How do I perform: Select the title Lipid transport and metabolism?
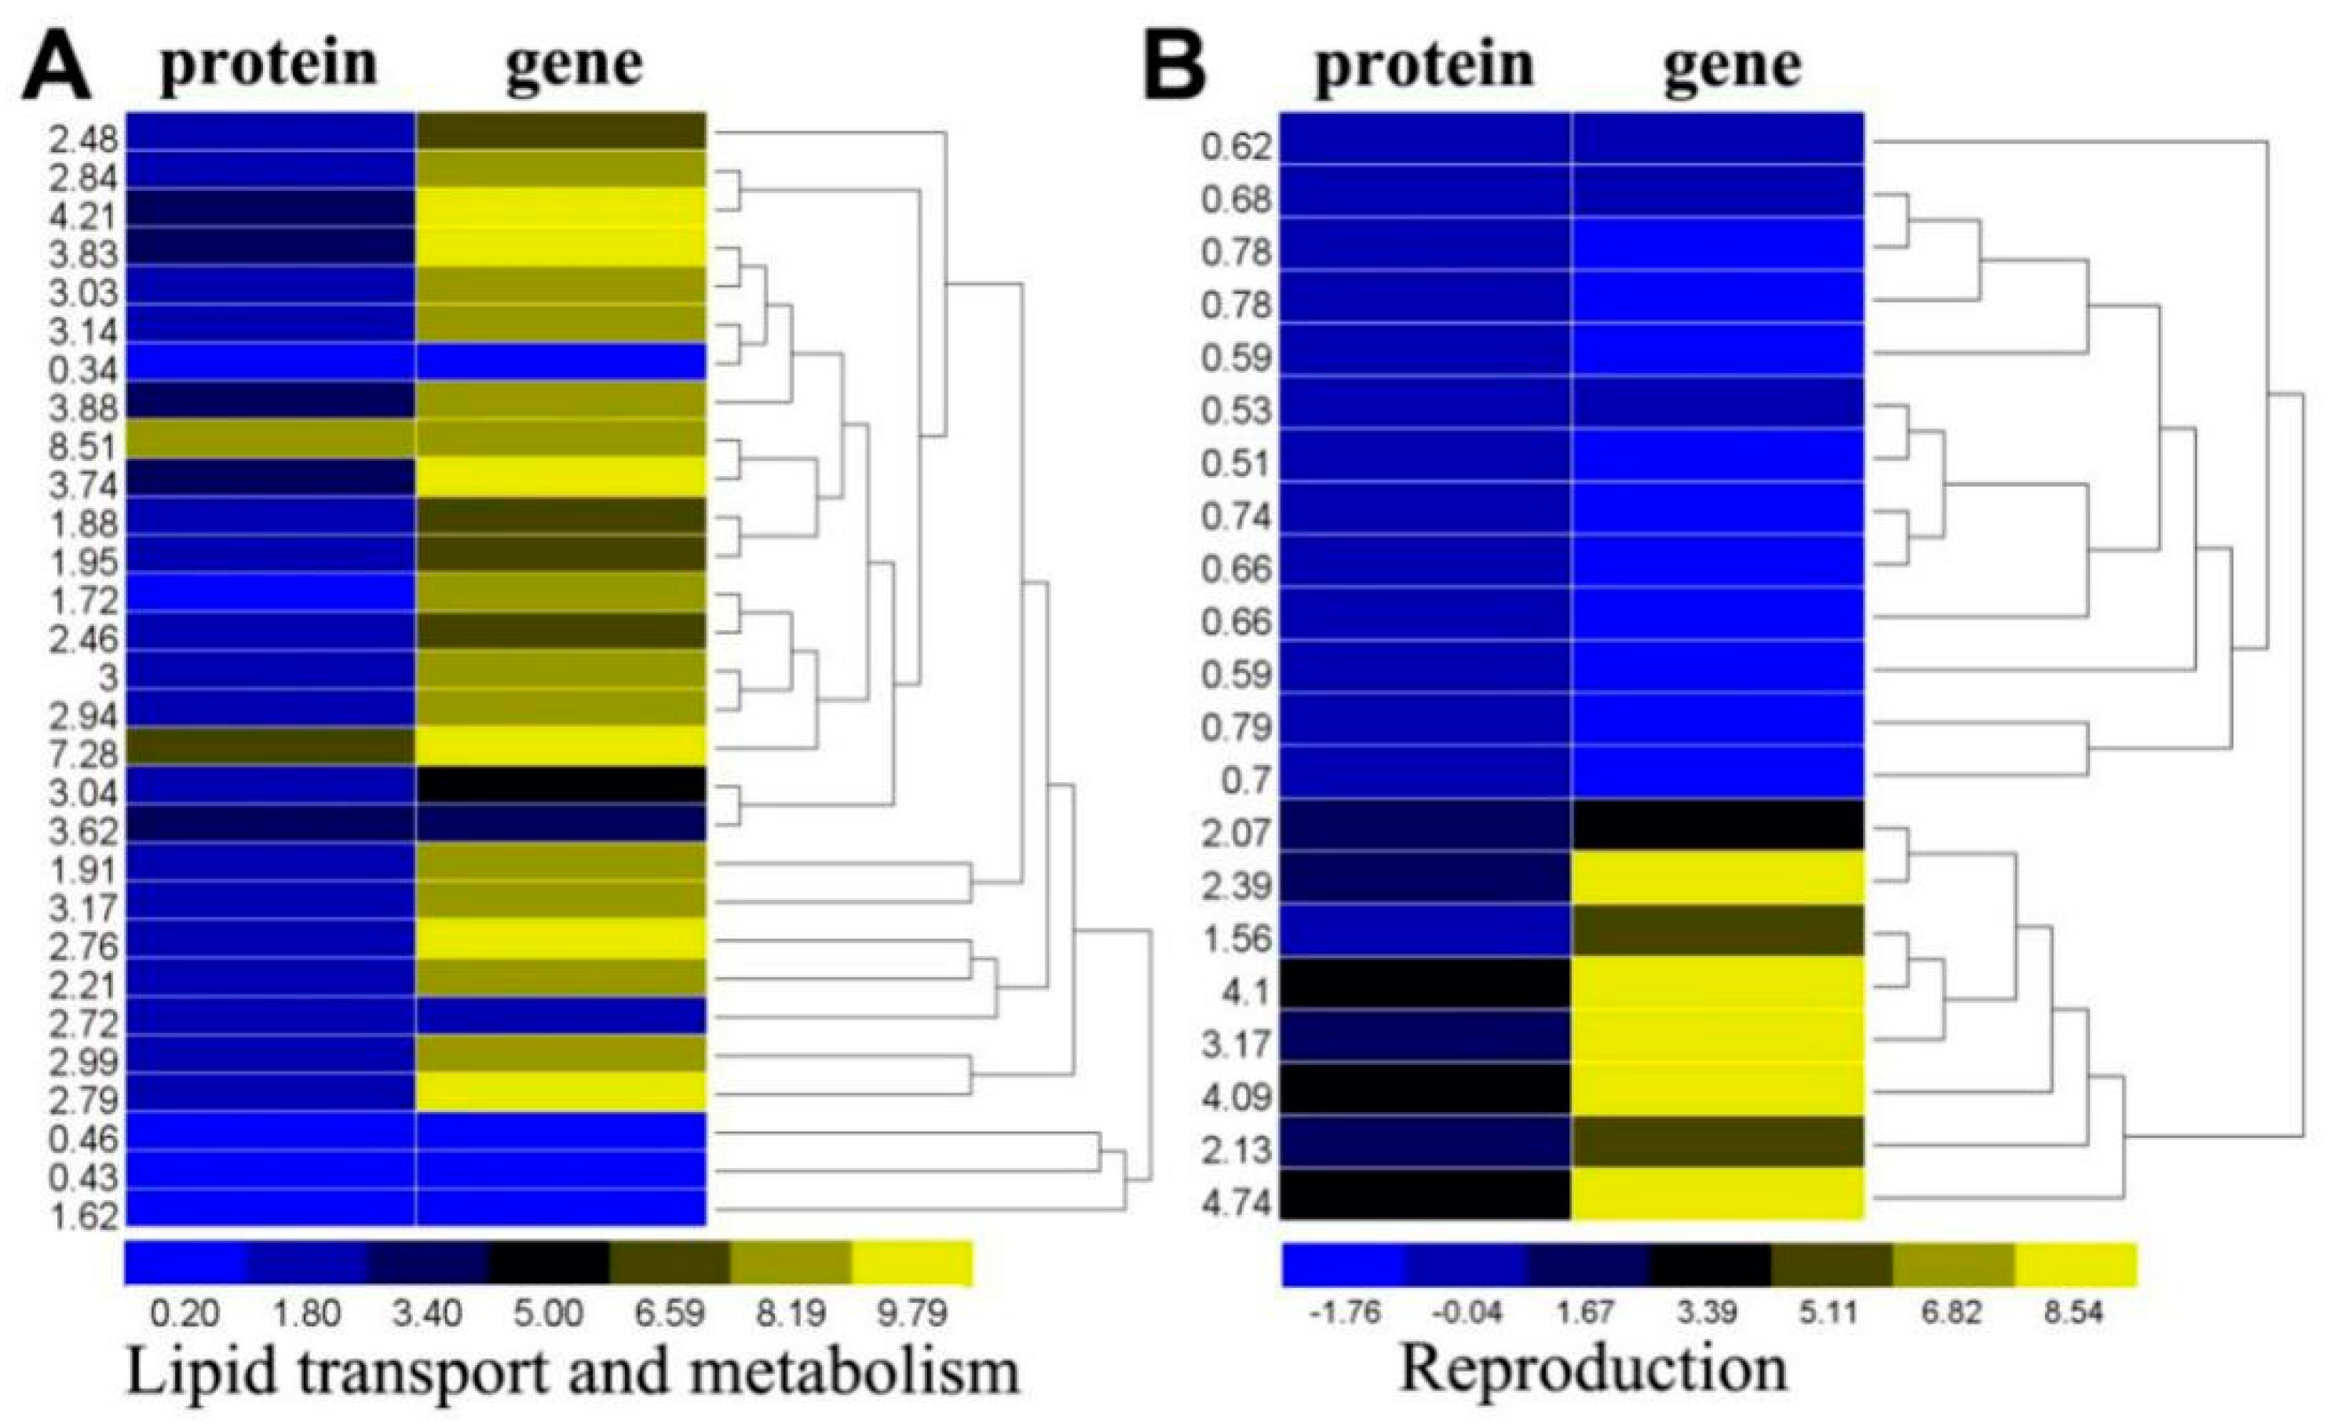click(572, 1371)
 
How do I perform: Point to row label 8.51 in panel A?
click(83, 446)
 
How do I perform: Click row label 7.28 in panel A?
click(83, 754)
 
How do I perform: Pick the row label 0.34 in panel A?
click(83, 370)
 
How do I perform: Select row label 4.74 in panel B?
click(1236, 1203)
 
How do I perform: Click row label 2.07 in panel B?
click(1236, 834)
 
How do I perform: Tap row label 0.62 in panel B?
click(1236, 147)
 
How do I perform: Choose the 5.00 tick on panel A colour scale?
click(549, 1313)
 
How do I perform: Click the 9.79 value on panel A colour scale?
click(911, 1313)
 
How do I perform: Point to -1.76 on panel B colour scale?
click(1344, 1313)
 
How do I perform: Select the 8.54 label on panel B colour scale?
click(2073, 1313)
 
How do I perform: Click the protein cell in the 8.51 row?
click(270, 437)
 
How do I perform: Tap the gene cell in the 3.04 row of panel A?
click(561, 785)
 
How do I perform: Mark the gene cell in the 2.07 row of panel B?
click(1718, 825)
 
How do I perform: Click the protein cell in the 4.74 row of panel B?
click(1426, 1194)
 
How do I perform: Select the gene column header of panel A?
click(574, 64)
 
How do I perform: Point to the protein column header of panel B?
click(1423, 64)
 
